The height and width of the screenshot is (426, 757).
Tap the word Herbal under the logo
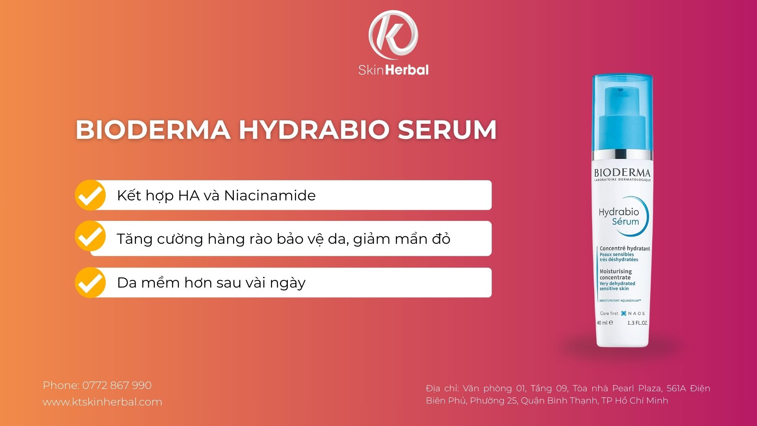coord(407,70)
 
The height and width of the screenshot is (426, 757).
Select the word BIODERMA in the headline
coord(153,129)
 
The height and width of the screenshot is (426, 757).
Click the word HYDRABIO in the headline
coord(314,129)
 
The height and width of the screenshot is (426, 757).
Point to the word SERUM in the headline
coord(447,129)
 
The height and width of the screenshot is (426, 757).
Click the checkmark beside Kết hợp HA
coord(90,195)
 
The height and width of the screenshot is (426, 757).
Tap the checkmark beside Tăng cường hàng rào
coord(90,236)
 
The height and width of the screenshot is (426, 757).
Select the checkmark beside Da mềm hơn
coord(90,282)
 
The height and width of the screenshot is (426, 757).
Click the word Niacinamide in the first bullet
coord(270,196)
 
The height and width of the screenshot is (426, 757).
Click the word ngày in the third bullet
coord(287,283)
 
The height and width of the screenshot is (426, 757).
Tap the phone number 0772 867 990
coord(117,385)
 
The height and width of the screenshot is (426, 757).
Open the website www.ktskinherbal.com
coord(103,402)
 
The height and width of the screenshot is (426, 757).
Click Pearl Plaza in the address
coord(637,389)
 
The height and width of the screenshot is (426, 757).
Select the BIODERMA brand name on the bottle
coord(622,173)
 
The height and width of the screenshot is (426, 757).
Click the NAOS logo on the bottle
coord(633,314)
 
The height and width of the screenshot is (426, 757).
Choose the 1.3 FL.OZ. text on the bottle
coord(637,323)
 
